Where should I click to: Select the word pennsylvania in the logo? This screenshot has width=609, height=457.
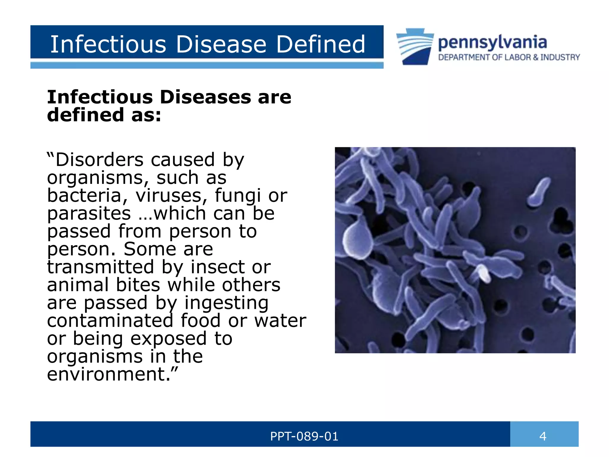click(x=492, y=43)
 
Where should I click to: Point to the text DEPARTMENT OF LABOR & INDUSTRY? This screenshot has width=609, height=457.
click(x=509, y=57)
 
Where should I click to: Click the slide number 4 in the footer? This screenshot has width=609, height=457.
click(x=543, y=436)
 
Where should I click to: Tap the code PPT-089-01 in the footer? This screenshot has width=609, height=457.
click(x=304, y=436)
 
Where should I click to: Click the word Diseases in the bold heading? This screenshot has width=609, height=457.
click(x=205, y=97)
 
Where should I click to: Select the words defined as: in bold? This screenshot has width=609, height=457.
click(x=104, y=115)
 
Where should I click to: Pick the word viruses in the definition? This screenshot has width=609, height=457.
click(x=171, y=195)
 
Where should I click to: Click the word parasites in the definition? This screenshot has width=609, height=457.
click(x=89, y=214)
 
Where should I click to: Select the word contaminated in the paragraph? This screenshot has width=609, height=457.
click(x=110, y=320)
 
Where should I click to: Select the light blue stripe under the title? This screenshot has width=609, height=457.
click(x=207, y=65)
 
